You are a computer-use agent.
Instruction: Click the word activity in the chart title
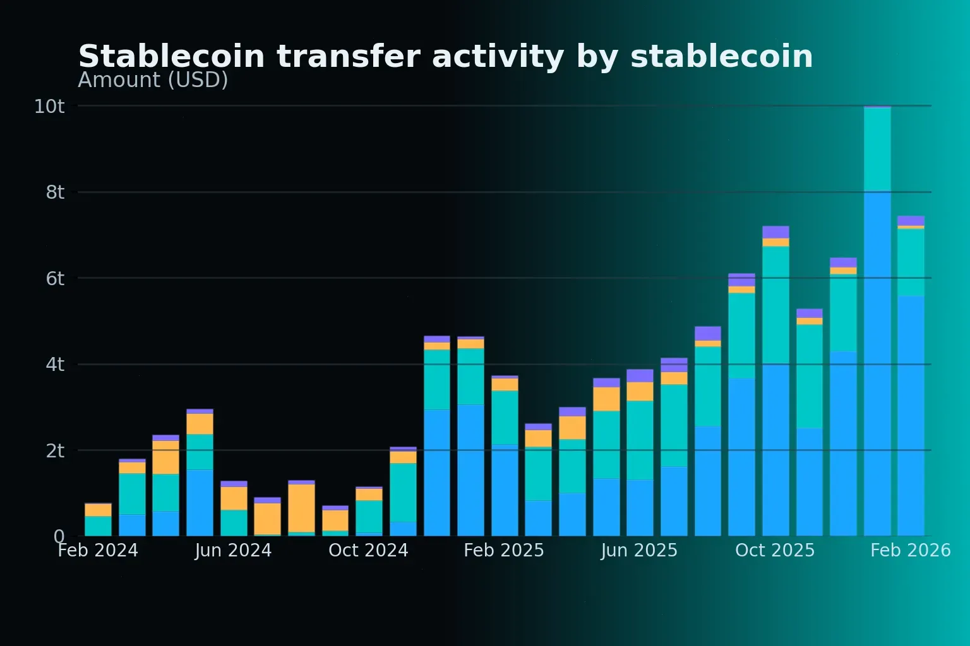click(x=498, y=57)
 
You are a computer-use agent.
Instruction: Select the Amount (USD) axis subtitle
click(x=153, y=80)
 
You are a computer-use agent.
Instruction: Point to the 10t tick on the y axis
click(x=49, y=107)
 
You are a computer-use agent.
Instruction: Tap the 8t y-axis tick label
click(x=55, y=192)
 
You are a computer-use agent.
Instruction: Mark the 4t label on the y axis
click(x=55, y=365)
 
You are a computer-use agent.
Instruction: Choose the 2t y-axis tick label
click(x=55, y=451)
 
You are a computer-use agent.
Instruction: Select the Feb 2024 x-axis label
click(x=98, y=551)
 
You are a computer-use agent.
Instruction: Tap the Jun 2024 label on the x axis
click(x=233, y=551)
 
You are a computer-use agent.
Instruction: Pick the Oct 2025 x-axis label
click(x=775, y=551)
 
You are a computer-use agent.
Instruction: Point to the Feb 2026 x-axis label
click(x=910, y=551)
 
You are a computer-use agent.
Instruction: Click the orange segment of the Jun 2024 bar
click(x=234, y=498)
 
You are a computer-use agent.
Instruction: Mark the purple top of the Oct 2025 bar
click(x=775, y=232)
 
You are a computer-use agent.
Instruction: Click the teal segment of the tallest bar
click(x=877, y=150)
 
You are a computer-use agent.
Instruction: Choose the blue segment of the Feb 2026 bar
click(x=911, y=416)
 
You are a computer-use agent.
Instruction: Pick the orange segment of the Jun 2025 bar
click(x=640, y=391)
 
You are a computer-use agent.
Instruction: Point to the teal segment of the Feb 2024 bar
click(x=98, y=526)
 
